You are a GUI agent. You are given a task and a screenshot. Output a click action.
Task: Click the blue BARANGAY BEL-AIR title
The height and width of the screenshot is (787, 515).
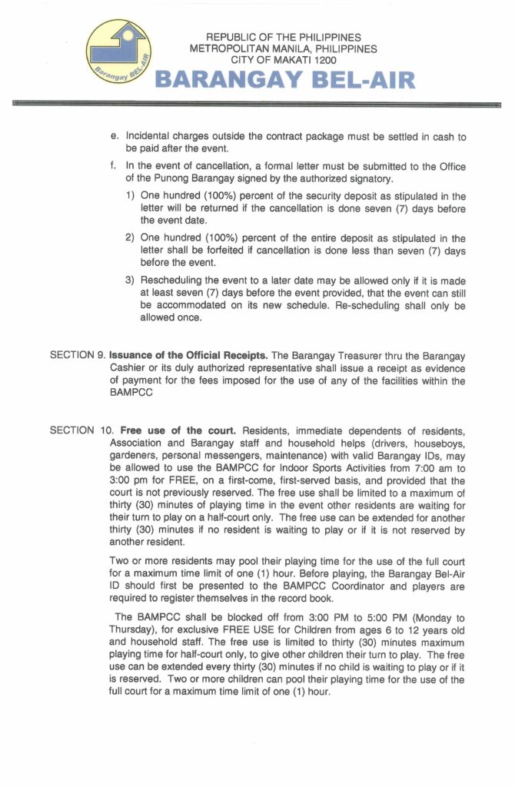click(285, 80)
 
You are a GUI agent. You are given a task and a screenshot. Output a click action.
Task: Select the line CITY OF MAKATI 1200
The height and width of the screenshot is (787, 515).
click(284, 59)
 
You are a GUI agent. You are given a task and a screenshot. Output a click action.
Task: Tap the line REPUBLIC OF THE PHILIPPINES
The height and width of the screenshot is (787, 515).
click(284, 37)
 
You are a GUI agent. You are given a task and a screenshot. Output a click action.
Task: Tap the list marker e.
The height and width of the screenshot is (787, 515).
click(114, 135)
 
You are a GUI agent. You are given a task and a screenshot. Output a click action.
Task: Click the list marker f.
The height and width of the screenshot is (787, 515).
click(114, 166)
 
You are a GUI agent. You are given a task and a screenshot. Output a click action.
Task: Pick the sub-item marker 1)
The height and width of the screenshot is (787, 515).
click(131, 196)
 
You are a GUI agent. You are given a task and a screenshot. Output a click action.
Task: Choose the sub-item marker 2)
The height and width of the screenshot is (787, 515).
click(131, 238)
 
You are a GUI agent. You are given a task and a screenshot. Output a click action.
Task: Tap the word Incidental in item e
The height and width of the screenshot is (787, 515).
click(151, 135)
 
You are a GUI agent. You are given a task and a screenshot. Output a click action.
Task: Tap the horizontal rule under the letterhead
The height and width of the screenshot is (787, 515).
click(257, 102)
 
